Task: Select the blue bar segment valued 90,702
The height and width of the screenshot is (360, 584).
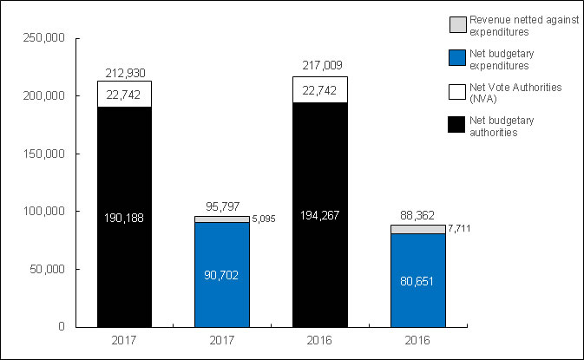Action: point(223,274)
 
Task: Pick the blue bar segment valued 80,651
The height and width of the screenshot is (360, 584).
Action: point(418,280)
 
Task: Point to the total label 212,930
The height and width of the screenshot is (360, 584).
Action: point(125,72)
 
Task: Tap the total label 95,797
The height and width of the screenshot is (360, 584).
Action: point(223,207)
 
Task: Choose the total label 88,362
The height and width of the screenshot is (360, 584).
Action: point(418,216)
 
